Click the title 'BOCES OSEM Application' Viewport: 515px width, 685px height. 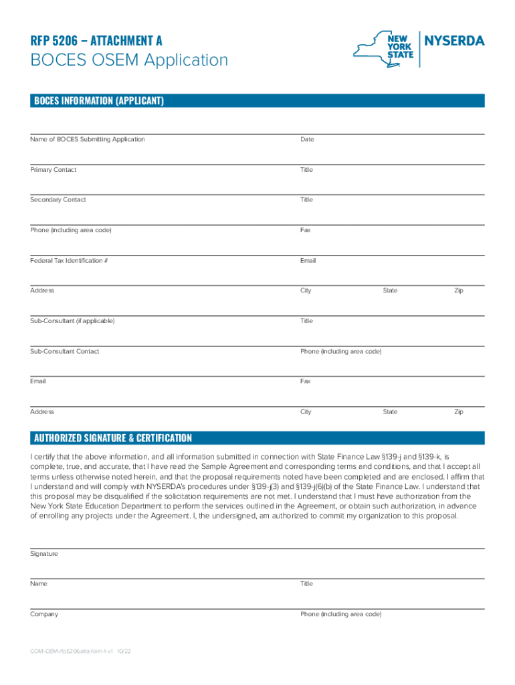(129, 61)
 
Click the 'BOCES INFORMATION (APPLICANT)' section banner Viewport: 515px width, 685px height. (98, 101)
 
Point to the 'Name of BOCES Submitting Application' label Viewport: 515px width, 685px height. (87, 139)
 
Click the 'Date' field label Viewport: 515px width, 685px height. (307, 139)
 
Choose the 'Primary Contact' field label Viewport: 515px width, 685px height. (53, 170)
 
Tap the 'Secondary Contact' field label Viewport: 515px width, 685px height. (58, 200)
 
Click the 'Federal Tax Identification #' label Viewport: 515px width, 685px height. (69, 260)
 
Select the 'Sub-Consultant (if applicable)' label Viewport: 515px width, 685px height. (72, 321)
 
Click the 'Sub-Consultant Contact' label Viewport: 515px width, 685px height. (64, 351)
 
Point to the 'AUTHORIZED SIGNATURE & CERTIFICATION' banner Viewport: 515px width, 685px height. (113, 438)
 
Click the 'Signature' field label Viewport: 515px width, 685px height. (44, 554)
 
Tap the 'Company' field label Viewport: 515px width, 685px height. (44, 614)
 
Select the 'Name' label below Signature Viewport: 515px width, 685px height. (39, 584)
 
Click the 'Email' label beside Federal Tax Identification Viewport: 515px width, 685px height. (308, 260)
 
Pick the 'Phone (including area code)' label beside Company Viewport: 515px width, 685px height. (340, 614)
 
